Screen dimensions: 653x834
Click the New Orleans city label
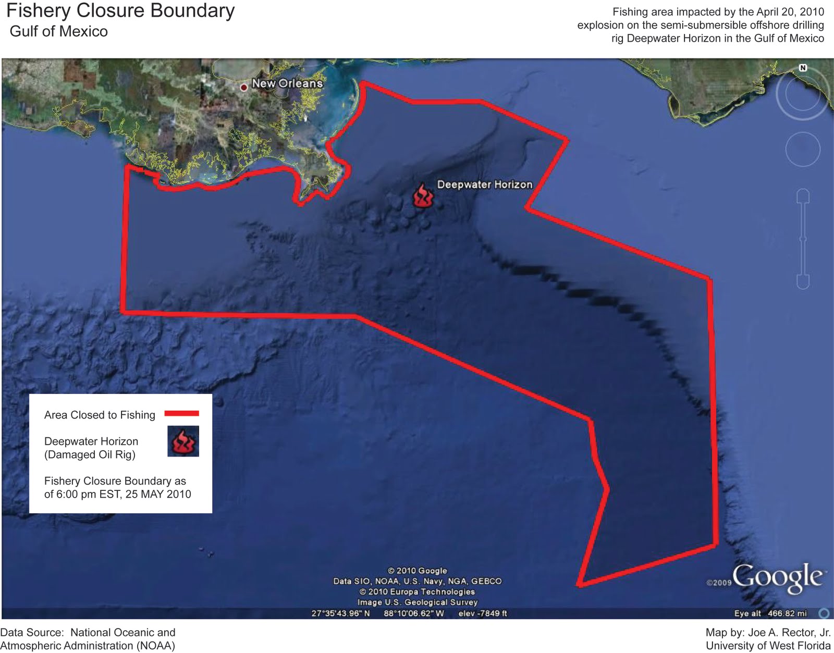click(287, 83)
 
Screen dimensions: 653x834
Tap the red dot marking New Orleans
click(243, 88)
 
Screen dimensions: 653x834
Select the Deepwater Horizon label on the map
click(485, 184)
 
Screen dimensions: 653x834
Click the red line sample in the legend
click(181, 414)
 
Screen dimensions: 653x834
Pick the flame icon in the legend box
click(183, 441)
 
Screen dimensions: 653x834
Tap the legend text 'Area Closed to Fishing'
click(100, 415)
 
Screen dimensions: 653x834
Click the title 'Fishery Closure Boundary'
click(120, 11)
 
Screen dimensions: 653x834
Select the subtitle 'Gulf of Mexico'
click(59, 31)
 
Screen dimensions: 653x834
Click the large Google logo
click(778, 577)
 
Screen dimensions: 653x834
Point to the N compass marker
click(803, 68)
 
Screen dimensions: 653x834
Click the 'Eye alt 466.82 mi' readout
click(770, 613)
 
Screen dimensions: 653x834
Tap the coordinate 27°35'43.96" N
click(340, 613)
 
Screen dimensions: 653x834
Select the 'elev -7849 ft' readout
click(483, 613)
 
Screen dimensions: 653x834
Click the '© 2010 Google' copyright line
click(418, 571)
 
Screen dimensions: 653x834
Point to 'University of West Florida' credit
click(768, 646)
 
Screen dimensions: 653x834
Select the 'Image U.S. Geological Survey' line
click(418, 602)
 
